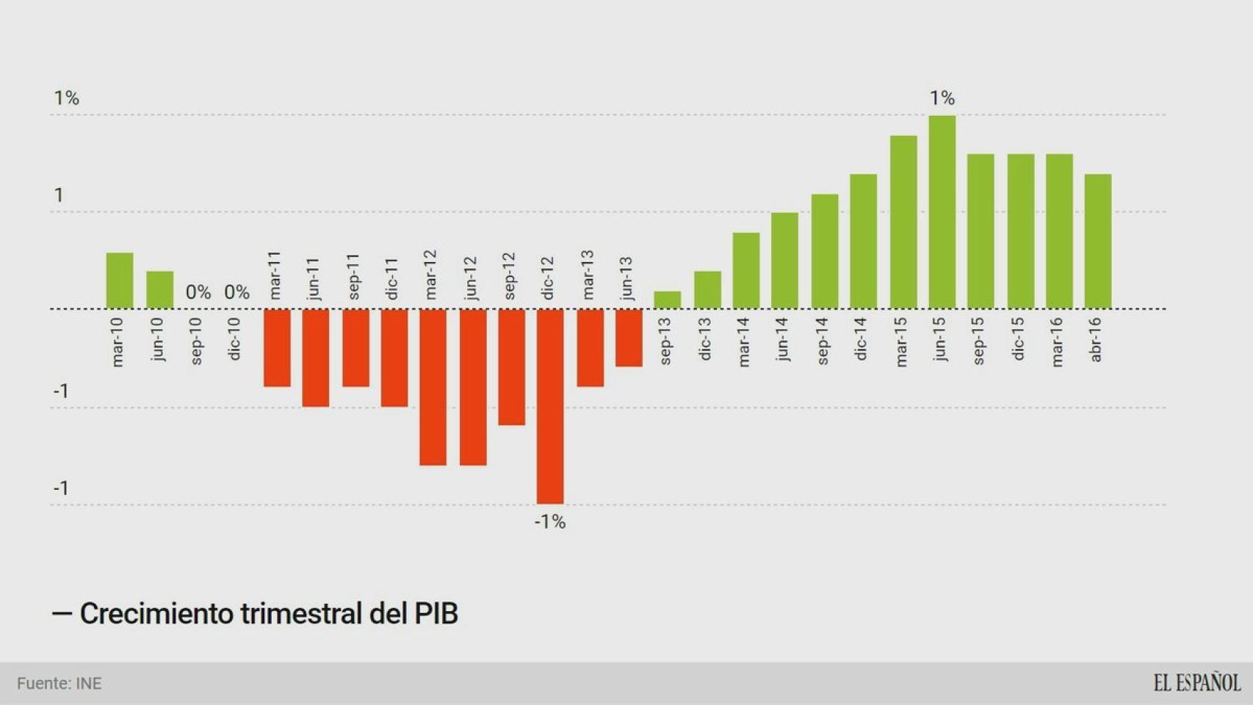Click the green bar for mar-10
(120, 281)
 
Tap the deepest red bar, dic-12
(550, 405)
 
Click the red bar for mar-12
(433, 386)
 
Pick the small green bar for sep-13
(667, 300)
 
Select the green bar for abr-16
(1097, 241)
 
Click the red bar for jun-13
(629, 337)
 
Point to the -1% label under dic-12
(549, 522)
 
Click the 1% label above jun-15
(942, 98)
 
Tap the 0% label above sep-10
(198, 292)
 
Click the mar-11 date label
(275, 275)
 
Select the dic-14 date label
(862, 339)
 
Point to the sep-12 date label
(510, 276)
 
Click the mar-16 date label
(1057, 341)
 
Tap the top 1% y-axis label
(66, 98)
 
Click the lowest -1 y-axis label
(61, 488)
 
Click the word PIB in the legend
(436, 614)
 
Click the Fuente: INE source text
(59, 684)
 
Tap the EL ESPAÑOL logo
(1196, 683)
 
